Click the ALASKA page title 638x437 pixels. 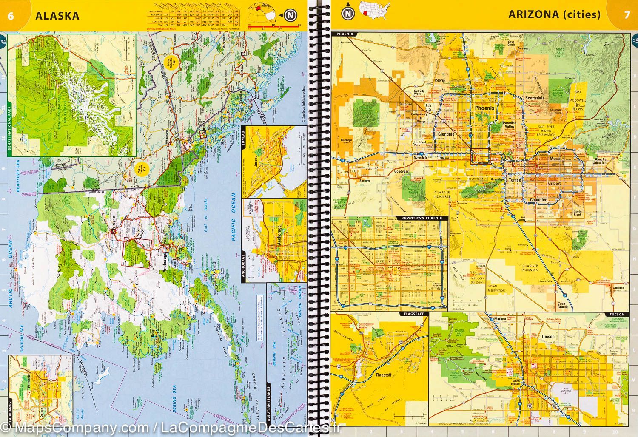[57, 16]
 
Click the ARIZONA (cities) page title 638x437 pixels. [554, 15]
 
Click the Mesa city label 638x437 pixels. [555, 159]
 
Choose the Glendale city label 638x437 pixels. [446, 134]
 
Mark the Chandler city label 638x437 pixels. [538, 200]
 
